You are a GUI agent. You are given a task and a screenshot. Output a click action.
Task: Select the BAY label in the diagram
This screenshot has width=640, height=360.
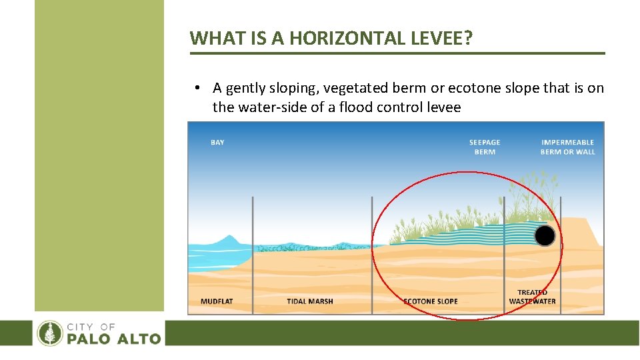pos(217,142)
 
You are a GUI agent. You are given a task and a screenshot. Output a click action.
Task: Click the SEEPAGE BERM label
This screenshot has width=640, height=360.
pos(485,147)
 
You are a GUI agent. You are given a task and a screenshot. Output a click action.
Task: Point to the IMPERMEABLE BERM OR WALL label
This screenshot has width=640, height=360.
pos(567,147)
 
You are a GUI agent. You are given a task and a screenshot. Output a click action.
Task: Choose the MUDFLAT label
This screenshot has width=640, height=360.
pos(217,301)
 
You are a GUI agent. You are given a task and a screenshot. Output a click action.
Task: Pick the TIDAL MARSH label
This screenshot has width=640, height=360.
pos(310,301)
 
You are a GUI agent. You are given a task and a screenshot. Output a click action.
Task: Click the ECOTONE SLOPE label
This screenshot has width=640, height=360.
pos(431,301)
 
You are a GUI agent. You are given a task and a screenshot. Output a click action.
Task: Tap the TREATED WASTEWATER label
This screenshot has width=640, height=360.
pos(532,297)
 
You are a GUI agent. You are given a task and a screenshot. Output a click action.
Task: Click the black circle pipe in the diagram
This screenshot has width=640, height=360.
pos(545,235)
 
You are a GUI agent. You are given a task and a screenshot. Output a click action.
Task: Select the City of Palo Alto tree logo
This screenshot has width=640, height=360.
pos(50,333)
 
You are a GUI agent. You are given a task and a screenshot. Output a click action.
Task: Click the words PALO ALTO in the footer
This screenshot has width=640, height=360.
pos(113,339)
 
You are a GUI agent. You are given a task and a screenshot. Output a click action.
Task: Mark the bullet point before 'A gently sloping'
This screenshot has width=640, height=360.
pos(198,88)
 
